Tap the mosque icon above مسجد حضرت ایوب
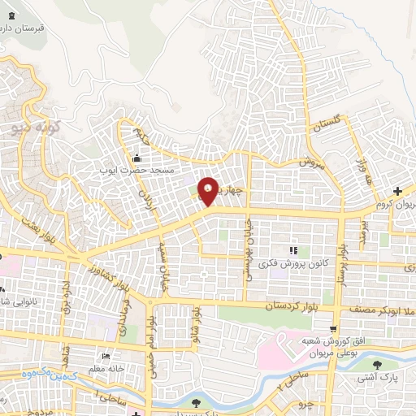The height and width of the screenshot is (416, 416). click(137, 158)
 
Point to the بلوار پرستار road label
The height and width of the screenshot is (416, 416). click(343, 264)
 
